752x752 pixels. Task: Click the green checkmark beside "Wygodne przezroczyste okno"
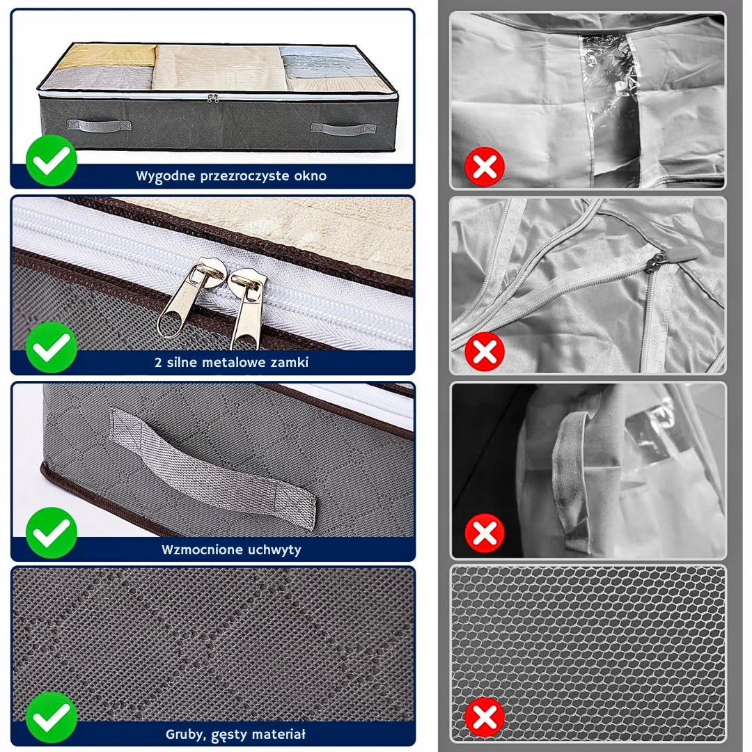point(52,161)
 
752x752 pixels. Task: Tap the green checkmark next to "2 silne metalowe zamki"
point(52,347)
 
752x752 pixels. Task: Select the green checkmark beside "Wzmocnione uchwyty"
point(52,534)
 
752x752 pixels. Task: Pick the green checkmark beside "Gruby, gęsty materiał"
point(52,718)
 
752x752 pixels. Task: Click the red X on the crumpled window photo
point(485,167)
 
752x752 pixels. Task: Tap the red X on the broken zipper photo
point(485,352)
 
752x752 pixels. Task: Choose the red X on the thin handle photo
point(485,533)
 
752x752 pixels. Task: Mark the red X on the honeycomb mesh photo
point(485,718)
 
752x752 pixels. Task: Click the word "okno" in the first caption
point(311,176)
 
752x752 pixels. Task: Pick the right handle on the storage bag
point(343,129)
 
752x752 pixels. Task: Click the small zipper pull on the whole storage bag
point(213,98)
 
